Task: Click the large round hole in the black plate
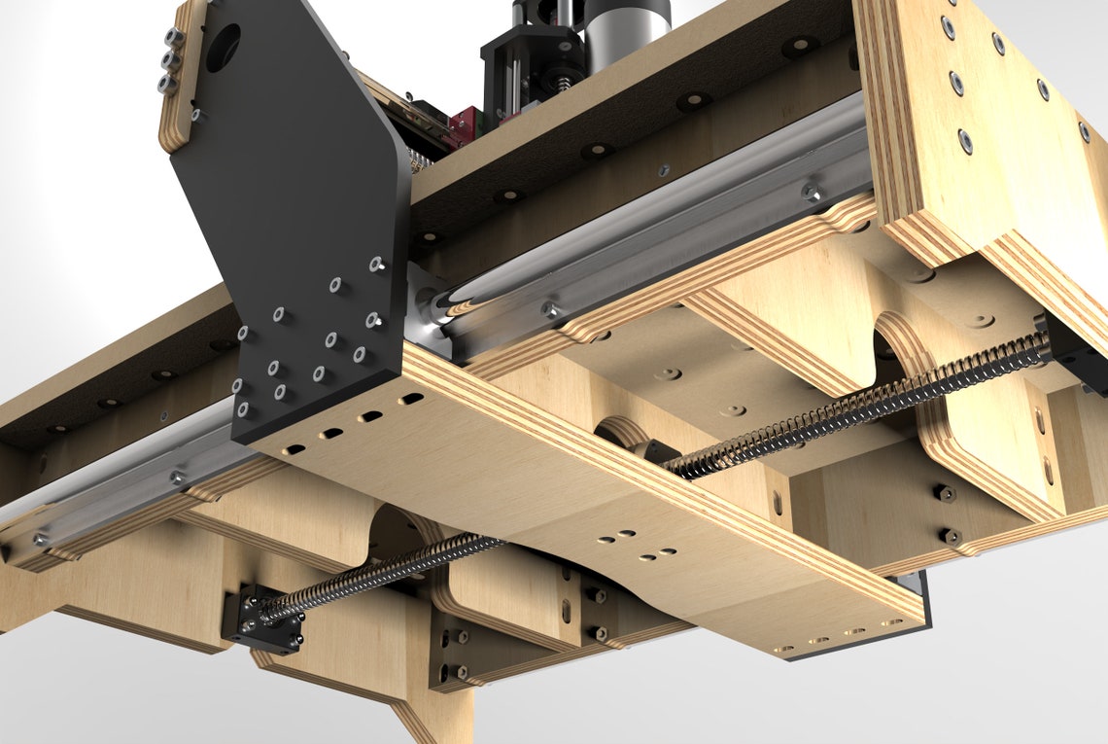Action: (x=223, y=46)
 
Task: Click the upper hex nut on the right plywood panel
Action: (x=941, y=493)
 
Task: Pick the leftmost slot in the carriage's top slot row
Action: (x=293, y=449)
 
